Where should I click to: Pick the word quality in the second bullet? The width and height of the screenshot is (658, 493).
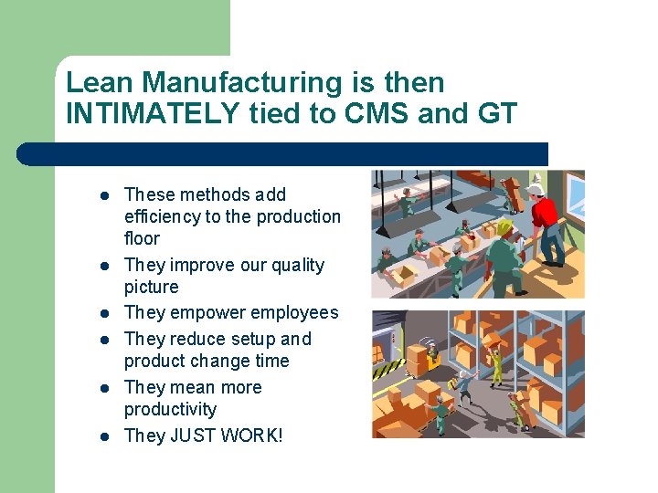click(294, 265)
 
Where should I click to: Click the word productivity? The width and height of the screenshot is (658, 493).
click(170, 409)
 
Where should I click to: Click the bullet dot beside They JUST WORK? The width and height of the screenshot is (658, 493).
click(104, 436)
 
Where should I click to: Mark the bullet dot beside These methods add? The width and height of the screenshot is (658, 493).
click(104, 195)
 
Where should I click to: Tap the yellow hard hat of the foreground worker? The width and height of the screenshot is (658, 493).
click(504, 226)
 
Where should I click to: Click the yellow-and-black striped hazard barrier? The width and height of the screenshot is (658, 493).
click(388, 368)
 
